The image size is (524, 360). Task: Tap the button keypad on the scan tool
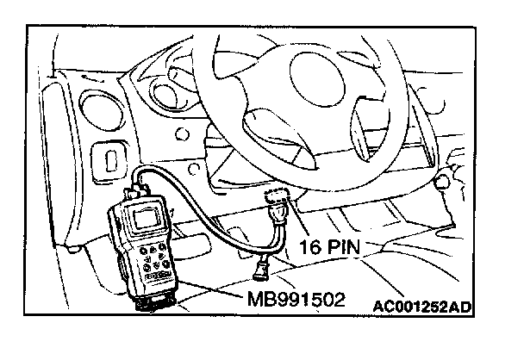157,258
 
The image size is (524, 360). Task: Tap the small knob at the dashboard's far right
443,183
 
